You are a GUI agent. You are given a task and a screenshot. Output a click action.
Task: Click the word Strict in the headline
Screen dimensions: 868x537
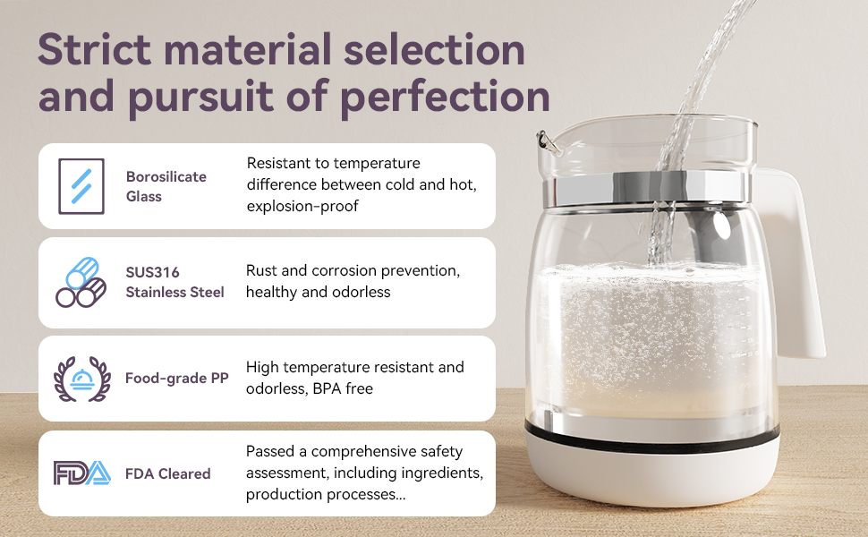[x=94, y=49]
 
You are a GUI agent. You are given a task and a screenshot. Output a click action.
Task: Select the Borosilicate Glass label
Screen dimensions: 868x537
[x=166, y=186]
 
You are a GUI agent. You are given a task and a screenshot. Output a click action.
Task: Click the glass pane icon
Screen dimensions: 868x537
[x=81, y=186]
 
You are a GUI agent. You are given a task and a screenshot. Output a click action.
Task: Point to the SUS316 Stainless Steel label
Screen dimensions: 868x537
[x=174, y=282]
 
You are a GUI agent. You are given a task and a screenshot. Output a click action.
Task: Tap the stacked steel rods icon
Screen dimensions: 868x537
[x=81, y=282]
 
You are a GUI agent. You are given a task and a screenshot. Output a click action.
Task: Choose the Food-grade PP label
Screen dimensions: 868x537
[x=176, y=378]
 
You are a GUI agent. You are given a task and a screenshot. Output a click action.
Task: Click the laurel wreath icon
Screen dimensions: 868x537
[x=82, y=379]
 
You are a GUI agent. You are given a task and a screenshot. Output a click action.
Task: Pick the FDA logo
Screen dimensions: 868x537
[x=82, y=473]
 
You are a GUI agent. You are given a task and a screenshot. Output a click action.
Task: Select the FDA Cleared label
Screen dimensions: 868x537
[x=167, y=473]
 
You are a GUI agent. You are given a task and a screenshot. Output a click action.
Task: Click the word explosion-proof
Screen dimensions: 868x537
[x=302, y=206]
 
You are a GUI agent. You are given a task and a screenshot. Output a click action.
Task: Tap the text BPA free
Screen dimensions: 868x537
[x=343, y=388]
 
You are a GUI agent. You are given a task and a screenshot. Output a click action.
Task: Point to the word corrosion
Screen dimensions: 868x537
[x=344, y=270]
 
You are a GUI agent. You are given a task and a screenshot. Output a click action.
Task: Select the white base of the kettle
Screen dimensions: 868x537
[x=652, y=471]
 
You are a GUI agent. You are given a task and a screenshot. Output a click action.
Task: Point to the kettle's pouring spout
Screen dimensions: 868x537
[x=547, y=141]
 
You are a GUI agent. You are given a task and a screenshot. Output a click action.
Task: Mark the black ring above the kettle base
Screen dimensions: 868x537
[x=652, y=438]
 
